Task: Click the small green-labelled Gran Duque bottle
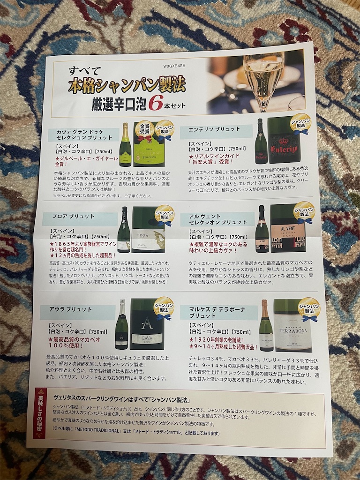125,145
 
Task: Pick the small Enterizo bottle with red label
261,141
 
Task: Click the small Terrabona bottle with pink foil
266,326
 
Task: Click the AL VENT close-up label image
288,228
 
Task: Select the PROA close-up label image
148,230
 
